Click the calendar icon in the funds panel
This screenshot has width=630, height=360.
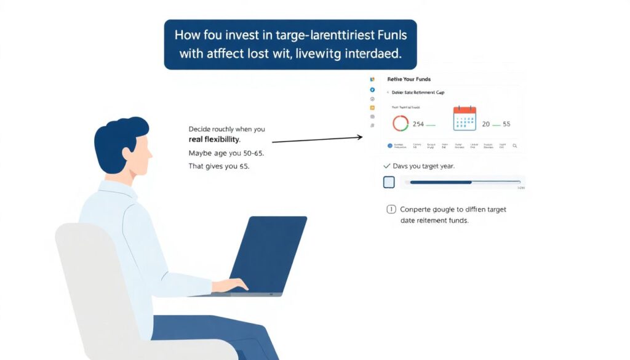tap(465, 118)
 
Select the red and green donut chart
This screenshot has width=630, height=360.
tap(401, 123)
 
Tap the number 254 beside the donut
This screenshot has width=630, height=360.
tap(418, 124)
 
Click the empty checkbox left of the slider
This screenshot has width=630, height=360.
tap(389, 182)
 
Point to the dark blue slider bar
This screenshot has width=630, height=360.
tap(441, 182)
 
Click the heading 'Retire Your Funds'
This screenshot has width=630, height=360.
tap(409, 79)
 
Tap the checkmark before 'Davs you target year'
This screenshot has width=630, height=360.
tap(386, 166)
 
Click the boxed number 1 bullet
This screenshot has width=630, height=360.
tap(390, 209)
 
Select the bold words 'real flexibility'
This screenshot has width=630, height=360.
tap(214, 140)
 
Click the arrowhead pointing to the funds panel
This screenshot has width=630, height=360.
tap(360, 137)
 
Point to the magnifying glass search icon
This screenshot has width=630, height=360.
tap(515, 146)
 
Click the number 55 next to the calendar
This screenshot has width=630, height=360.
tap(506, 124)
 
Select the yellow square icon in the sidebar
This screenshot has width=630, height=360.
tap(372, 107)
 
